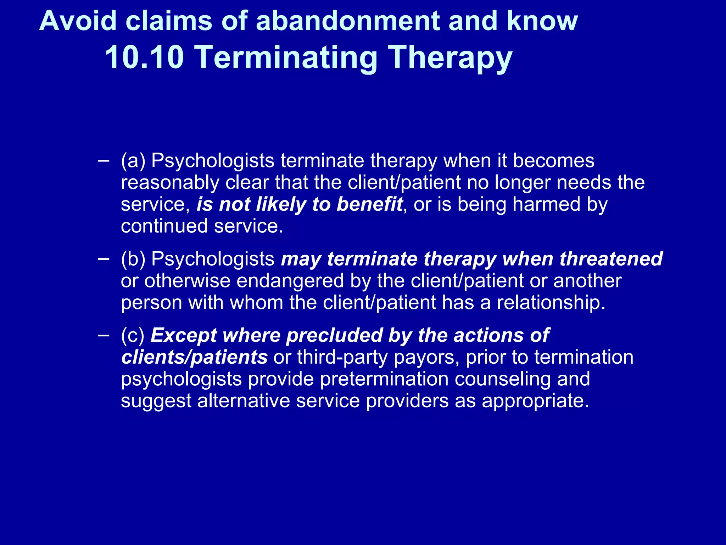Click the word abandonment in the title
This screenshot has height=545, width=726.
[x=347, y=21]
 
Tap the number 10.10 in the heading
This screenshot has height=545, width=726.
[x=144, y=57]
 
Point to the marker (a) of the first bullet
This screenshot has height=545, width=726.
[x=133, y=161]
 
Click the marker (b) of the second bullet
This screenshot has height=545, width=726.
[x=133, y=259]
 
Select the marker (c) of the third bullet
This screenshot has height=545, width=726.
[x=133, y=335]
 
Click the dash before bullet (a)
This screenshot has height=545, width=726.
[x=103, y=160]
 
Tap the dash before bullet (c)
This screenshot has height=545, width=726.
[x=103, y=335]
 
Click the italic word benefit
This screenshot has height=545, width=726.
[x=369, y=205]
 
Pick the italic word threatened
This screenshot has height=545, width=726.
[x=611, y=259]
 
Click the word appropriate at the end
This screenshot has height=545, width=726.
[x=535, y=401]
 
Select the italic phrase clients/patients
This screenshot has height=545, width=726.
[x=194, y=357]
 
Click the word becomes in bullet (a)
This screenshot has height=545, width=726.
[x=553, y=161]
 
